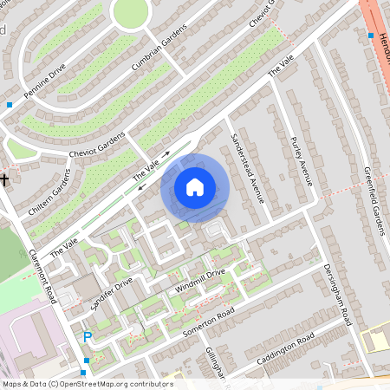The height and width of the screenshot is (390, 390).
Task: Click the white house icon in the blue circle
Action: pyautogui.click(x=195, y=186)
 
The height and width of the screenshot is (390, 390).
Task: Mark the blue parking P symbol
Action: pyautogui.click(x=87, y=337)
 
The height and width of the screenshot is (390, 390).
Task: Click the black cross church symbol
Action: pyautogui.click(x=5, y=179)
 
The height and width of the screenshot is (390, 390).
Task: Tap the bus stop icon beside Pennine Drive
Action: pyautogui.click(x=10, y=105)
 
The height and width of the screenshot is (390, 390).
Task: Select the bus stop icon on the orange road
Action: pyautogui.click(x=370, y=36)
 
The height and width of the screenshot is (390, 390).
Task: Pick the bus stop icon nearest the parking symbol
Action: pyautogui.click(x=86, y=361)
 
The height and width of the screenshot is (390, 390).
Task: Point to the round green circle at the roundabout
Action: pyautogui.click(x=130, y=10)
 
